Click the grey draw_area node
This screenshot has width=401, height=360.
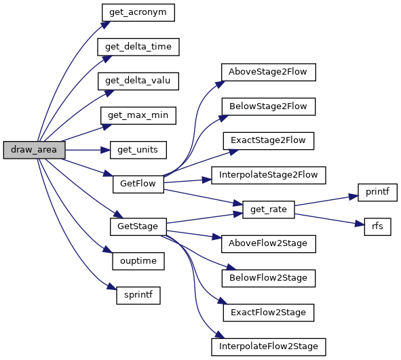(x=35, y=150)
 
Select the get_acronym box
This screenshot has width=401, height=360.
(x=138, y=12)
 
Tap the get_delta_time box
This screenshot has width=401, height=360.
(x=138, y=47)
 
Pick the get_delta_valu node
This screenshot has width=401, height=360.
(x=138, y=81)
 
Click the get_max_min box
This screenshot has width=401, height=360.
(x=138, y=115)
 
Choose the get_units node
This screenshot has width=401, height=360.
(x=138, y=150)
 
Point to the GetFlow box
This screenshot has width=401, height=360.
(x=138, y=184)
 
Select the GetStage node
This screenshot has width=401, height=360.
(x=138, y=226)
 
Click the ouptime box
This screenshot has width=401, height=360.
(x=138, y=261)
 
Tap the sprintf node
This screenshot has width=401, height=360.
(x=138, y=296)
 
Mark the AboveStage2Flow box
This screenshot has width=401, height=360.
(x=268, y=73)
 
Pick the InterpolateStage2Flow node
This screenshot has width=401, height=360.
(x=268, y=176)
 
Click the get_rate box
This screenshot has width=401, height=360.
(x=268, y=209)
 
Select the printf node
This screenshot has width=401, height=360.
(x=377, y=193)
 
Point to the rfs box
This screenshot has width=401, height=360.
(x=377, y=226)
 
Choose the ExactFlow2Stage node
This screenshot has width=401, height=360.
(x=268, y=313)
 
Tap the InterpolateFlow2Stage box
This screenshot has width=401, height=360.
(x=268, y=347)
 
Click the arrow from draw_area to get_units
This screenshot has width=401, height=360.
(x=88, y=150)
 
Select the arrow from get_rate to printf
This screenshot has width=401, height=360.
(x=326, y=201)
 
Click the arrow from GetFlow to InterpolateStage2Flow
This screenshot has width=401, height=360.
(x=188, y=181)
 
